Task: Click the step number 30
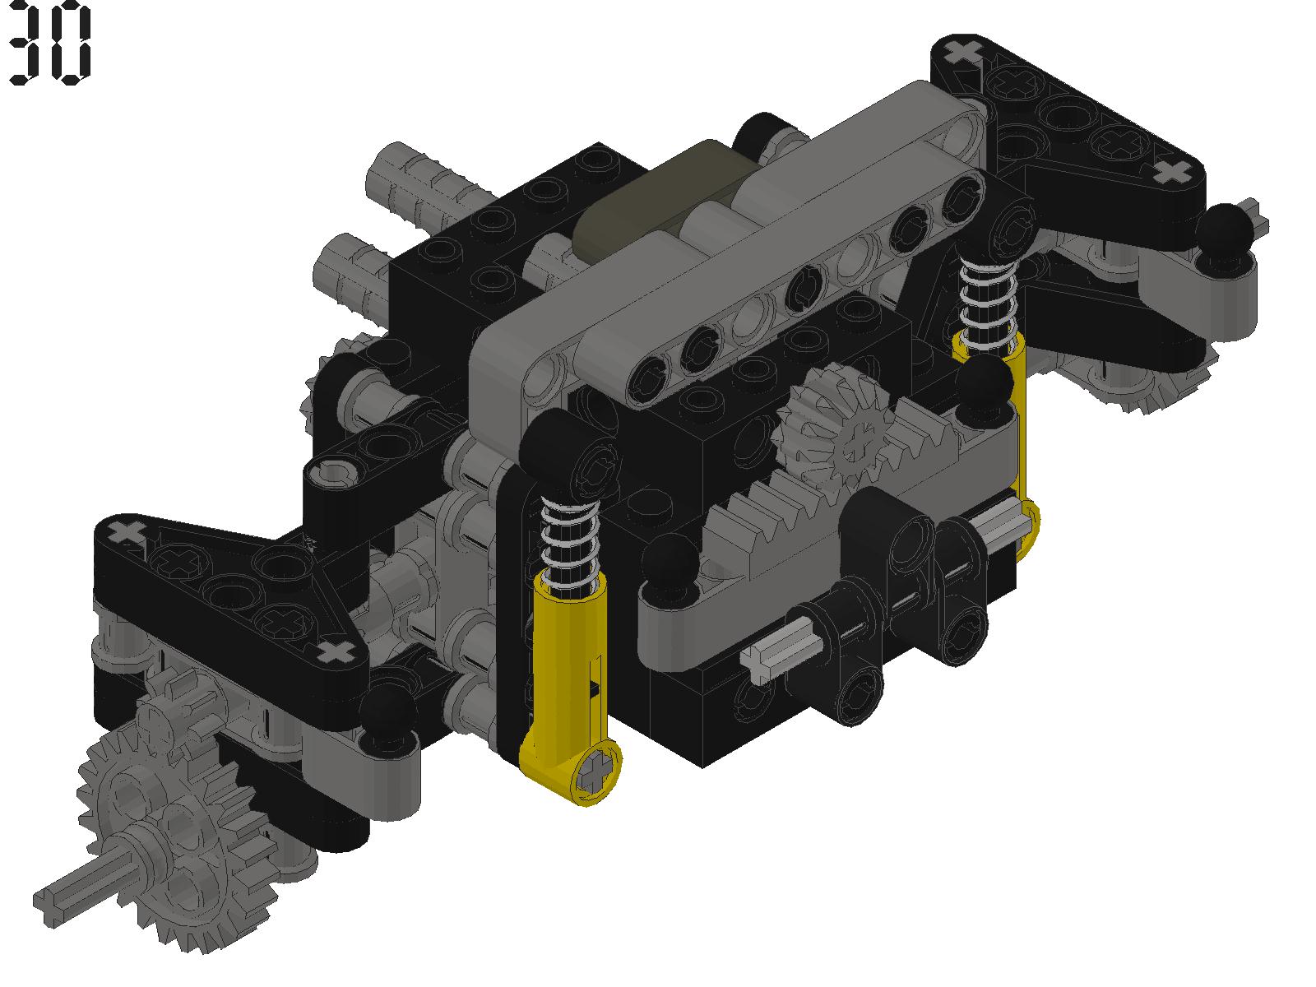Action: tap(50, 43)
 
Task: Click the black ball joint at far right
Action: tap(1224, 228)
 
